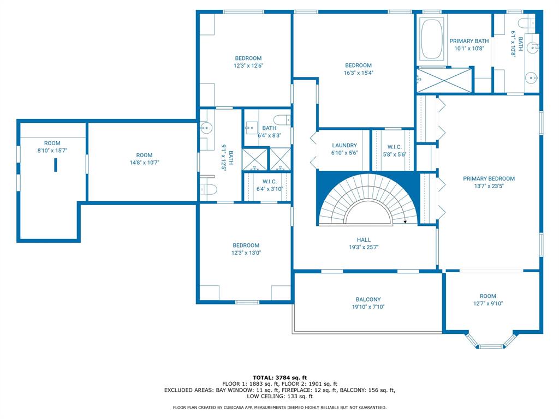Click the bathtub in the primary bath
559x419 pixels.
click(432, 39)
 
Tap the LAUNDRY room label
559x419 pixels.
click(344, 146)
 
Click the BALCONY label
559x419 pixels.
click(368, 300)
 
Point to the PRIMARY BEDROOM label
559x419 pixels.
click(489, 178)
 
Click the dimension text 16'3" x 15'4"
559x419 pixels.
click(358, 73)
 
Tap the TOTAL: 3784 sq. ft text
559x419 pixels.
click(279, 378)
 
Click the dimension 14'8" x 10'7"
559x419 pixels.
click(144, 163)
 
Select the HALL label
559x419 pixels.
click(364, 240)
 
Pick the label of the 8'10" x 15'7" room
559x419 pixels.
click(52, 143)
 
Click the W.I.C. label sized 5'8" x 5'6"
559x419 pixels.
click(394, 146)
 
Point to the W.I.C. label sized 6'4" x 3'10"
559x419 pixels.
click(269, 182)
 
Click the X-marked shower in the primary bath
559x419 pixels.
click(444, 80)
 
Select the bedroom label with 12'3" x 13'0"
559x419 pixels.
click(246, 246)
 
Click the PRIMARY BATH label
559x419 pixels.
click(469, 41)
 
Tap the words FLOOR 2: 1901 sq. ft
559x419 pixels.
click(313, 384)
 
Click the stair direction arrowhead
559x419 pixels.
click(405, 222)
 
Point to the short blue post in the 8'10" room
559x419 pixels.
click(55, 165)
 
